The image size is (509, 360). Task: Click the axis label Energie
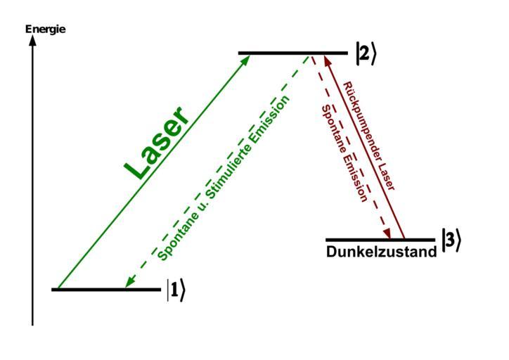click(x=45, y=29)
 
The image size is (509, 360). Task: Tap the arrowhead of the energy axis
click(x=32, y=40)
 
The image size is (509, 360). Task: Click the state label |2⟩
click(x=366, y=54)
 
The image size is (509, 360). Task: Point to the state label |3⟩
click(x=451, y=240)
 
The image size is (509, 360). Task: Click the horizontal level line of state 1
click(x=106, y=289)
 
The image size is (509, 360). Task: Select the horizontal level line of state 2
click(x=292, y=53)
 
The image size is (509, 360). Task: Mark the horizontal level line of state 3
click(x=380, y=240)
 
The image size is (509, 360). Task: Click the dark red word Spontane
click(x=335, y=130)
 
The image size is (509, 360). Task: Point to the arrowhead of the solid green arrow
click(x=245, y=58)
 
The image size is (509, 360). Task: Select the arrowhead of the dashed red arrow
click(x=387, y=234)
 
